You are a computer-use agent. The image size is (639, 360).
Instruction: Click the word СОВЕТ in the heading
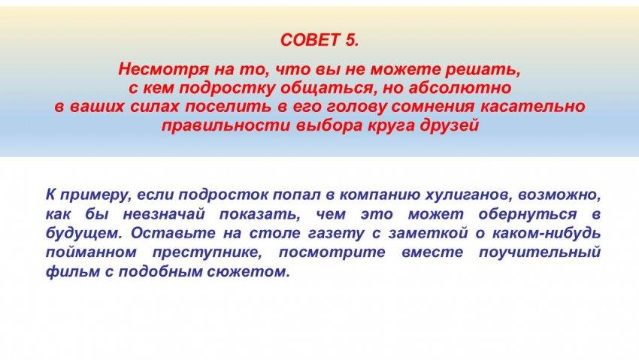pos(310,40)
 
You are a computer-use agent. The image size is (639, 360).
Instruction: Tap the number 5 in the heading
pos(352,40)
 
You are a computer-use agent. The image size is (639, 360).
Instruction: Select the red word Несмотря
pos(164,70)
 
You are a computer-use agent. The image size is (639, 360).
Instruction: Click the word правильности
pos(226,126)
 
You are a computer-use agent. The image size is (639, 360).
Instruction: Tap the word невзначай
pos(164,214)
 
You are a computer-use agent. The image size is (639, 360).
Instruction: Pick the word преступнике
pos(207,252)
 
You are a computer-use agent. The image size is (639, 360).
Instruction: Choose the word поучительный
pos(540,252)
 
